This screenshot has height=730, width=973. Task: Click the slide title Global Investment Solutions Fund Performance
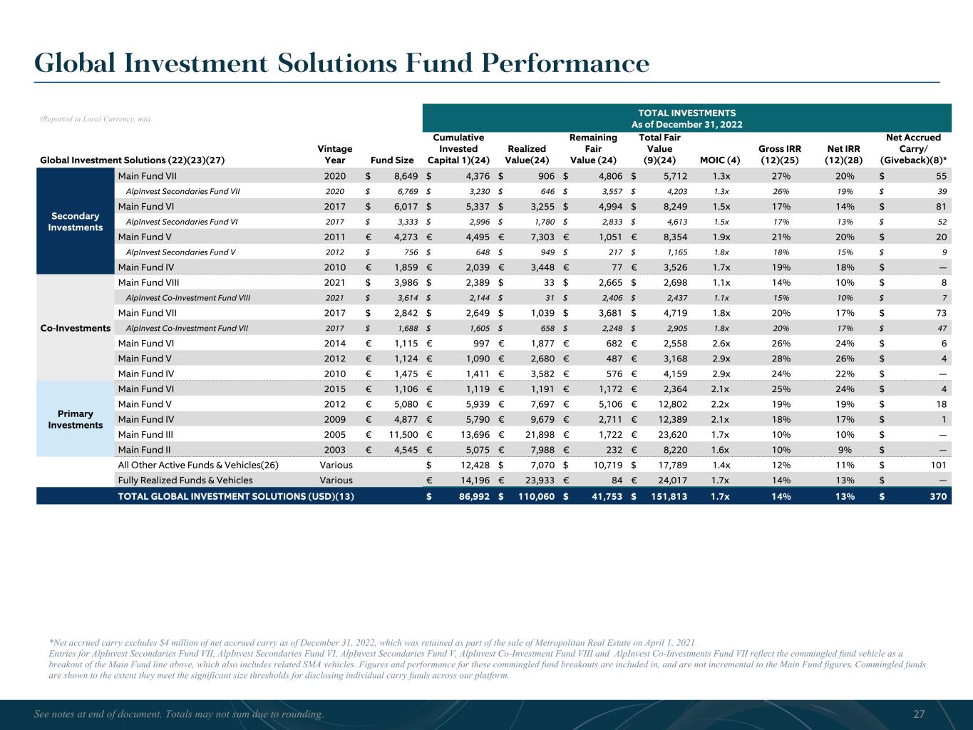point(342,63)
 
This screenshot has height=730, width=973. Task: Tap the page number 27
point(919,714)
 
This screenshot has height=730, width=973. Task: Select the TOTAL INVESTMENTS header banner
point(686,118)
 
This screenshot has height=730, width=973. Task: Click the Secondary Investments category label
point(75,222)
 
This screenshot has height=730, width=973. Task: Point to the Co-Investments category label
point(75,328)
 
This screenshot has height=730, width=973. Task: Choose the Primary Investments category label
point(75,419)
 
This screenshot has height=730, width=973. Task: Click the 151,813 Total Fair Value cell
point(666,496)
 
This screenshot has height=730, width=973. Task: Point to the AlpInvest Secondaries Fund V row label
point(180,252)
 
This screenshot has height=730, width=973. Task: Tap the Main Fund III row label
point(145,434)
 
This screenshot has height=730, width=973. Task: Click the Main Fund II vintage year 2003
point(334,450)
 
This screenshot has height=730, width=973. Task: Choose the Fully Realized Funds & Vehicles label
point(185,480)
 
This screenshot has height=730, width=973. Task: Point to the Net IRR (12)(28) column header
point(844,154)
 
